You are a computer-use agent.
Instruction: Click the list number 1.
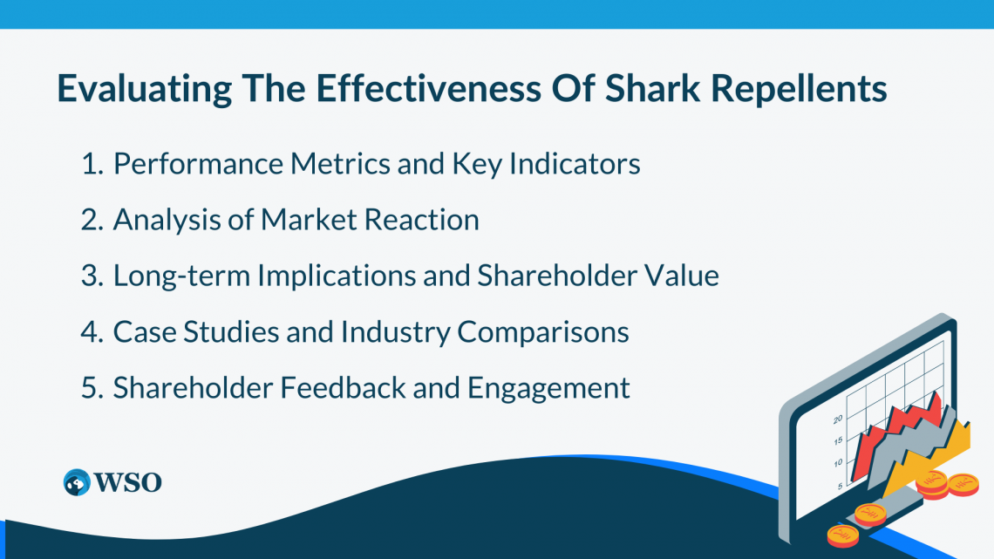point(91,164)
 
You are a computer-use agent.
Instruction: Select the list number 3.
point(91,276)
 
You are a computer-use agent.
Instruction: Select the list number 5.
point(91,388)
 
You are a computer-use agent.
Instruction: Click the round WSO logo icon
point(77,482)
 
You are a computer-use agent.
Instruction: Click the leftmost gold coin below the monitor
point(842,533)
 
